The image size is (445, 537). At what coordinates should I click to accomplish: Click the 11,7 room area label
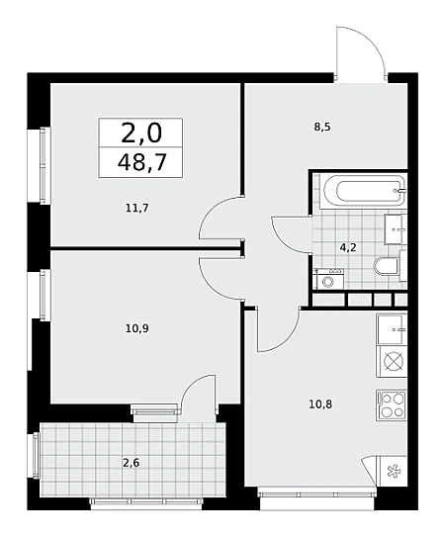(137, 208)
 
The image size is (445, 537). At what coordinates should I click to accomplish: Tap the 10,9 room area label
(137, 328)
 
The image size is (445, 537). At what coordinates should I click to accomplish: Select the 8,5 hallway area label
(322, 128)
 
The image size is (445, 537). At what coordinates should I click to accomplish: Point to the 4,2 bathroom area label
(348, 247)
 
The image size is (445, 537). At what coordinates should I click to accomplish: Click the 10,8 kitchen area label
(320, 404)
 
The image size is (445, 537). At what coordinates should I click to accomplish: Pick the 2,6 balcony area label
(132, 463)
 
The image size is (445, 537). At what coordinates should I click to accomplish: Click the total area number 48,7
(141, 162)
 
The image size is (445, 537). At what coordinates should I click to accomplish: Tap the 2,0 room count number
(141, 134)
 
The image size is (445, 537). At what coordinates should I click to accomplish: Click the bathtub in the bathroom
(363, 191)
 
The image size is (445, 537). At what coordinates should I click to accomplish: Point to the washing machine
(328, 279)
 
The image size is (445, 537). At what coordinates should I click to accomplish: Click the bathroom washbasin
(396, 229)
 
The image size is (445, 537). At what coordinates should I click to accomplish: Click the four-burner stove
(392, 404)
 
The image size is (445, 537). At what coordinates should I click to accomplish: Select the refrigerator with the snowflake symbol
(392, 471)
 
